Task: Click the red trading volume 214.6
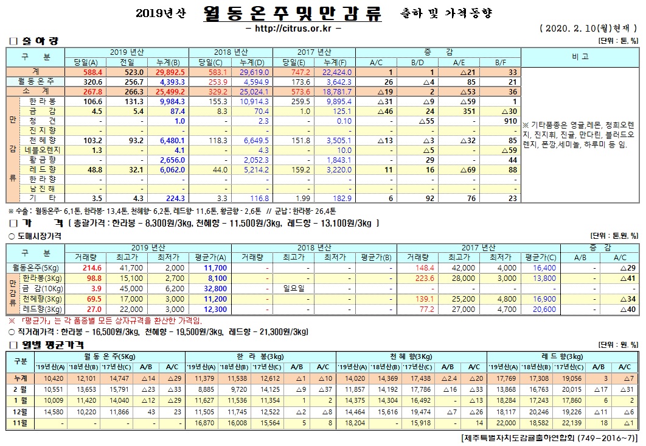pyautogui.click(x=91, y=267)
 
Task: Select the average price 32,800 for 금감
pyautogui.click(x=215, y=288)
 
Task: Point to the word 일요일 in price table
pyautogui.click(x=285, y=288)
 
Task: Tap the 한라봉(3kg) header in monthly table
pyautogui.click(x=260, y=356)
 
